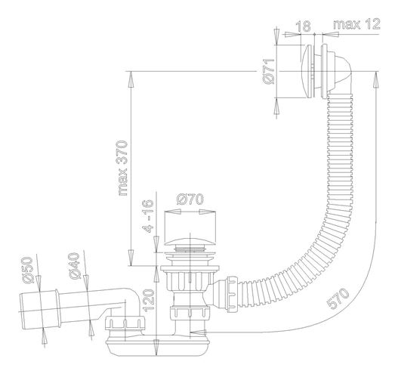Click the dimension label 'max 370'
tap(123, 168)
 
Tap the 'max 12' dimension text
tap(356, 24)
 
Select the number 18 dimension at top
tap(304, 26)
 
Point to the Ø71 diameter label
tap(269, 71)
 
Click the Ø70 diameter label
tap(190, 199)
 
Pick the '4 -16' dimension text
tap(149, 216)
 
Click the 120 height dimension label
tap(149, 301)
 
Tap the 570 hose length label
tap(338, 298)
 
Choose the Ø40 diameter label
tap(74, 266)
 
